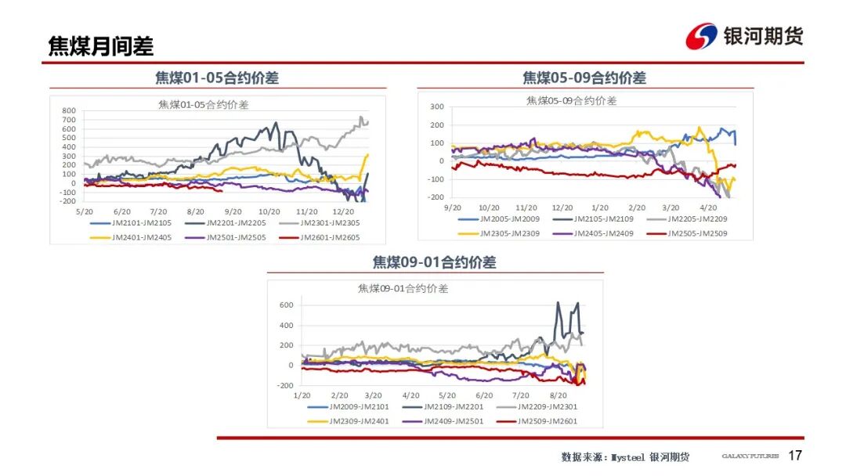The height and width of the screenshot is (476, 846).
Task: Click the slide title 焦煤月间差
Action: coord(100,46)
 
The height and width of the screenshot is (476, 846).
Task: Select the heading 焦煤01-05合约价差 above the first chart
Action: coord(217,78)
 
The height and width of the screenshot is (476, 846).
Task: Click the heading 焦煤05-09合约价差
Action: coord(584,78)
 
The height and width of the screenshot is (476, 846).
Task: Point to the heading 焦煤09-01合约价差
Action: coord(434,262)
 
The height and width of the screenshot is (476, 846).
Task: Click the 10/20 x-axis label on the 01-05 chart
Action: coord(269,211)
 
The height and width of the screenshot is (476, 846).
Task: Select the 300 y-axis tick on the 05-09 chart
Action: coord(437,106)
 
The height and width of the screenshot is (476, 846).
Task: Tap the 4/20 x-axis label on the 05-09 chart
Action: coord(707,207)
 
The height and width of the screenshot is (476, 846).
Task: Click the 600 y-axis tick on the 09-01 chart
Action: coord(286,305)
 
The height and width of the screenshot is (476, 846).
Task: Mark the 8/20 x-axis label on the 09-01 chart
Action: coord(559,396)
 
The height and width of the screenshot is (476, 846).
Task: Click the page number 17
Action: coord(795,456)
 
